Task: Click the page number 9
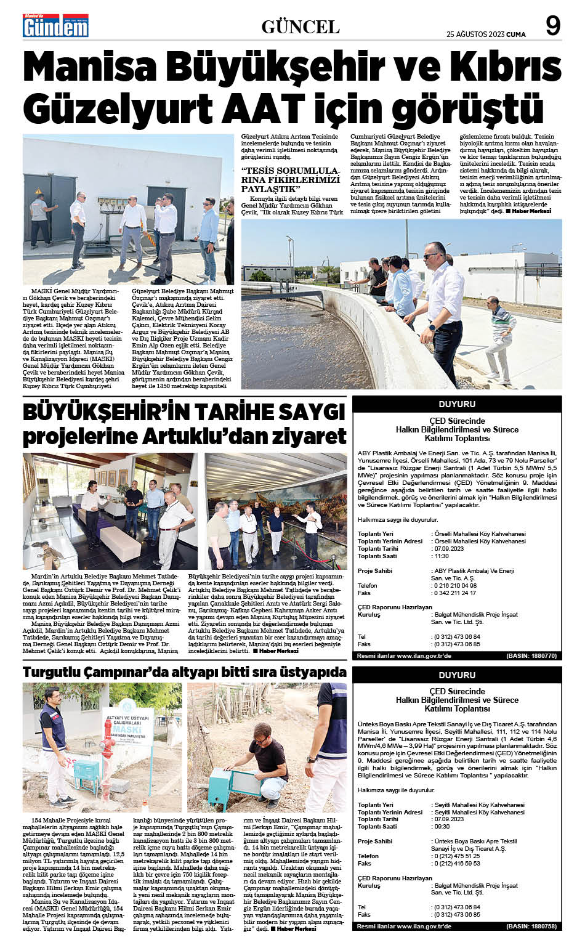553,26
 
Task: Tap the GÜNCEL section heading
301,27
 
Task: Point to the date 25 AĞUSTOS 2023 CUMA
486,34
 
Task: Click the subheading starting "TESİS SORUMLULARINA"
290,179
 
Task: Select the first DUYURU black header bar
457,404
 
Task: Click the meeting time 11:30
442,556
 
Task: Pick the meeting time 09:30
442,827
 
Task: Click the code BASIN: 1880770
531,657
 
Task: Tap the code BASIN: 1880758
531,927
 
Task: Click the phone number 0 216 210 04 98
455,586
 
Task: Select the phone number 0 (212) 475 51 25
456,856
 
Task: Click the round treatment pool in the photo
320,333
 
